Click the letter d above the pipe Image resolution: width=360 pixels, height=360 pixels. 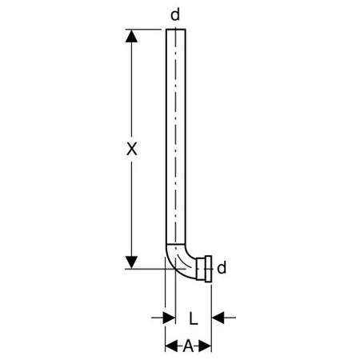(175, 14)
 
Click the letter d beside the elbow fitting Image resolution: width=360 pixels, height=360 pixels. (222, 267)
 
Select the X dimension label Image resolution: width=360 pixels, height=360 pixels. (132, 149)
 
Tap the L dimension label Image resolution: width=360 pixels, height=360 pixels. (194, 318)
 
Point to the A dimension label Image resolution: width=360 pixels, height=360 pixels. (188, 346)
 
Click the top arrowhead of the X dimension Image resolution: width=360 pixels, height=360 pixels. (131, 36)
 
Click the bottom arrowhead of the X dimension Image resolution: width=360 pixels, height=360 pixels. (131, 262)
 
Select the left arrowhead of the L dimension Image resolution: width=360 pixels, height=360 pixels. (169, 318)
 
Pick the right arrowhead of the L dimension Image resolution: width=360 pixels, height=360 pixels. (218, 318)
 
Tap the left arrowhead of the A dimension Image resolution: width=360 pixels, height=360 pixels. (171, 346)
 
